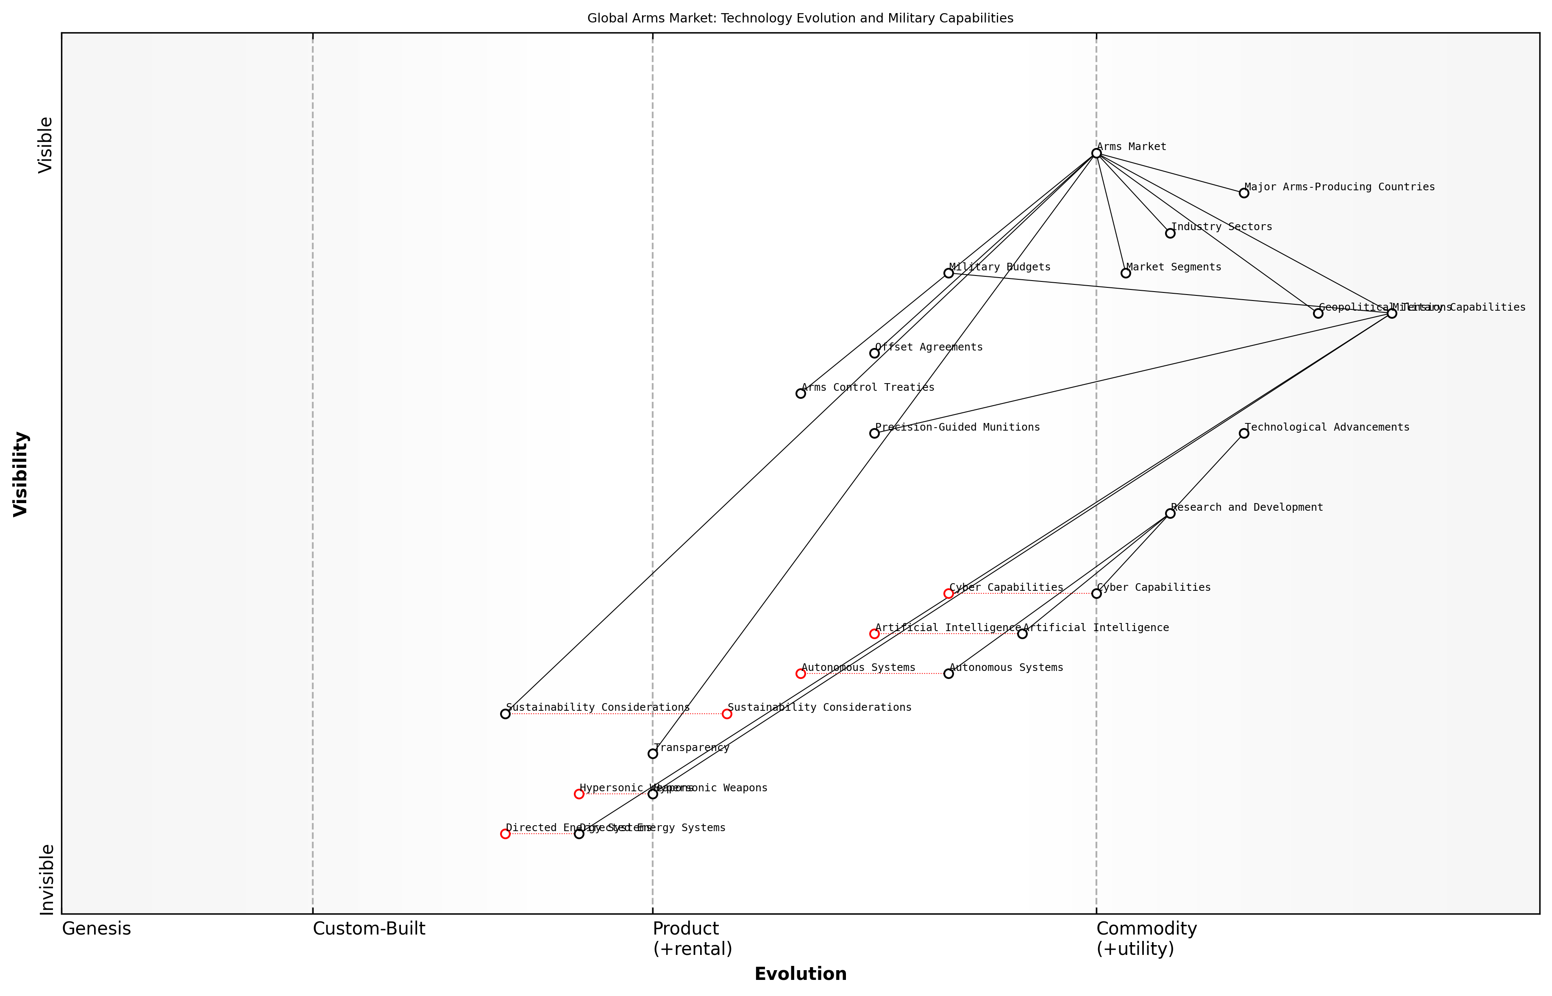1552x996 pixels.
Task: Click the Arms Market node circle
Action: coord(1096,153)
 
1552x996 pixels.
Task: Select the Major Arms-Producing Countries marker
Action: coord(1243,193)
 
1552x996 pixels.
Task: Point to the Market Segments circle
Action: coord(1126,273)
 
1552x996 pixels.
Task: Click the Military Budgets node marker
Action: coord(948,273)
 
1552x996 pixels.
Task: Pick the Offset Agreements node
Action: coord(874,353)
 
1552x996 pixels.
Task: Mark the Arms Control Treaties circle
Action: coord(801,393)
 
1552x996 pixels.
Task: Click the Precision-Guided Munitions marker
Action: coord(874,433)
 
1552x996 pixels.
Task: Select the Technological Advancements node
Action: coord(1243,433)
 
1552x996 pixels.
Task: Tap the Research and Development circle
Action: coord(1170,514)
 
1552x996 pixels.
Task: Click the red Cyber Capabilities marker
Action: coord(948,594)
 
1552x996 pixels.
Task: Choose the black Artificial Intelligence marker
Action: coord(1022,634)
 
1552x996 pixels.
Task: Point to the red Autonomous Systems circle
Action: coord(801,674)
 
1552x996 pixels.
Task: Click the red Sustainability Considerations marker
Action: coord(727,714)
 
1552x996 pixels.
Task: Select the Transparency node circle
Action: coord(653,754)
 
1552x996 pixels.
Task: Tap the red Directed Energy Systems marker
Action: coord(505,835)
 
